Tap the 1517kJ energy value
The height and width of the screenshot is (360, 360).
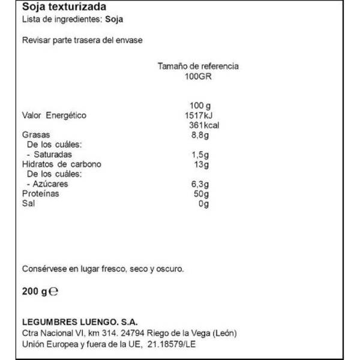click(x=195, y=115)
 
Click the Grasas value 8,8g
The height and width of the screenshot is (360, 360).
click(x=197, y=135)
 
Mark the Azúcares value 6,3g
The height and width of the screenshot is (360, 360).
click(x=198, y=184)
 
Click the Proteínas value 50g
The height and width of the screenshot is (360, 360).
click(x=200, y=194)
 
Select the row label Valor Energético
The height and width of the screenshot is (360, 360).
click(x=54, y=115)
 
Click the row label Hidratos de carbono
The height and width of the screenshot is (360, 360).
click(x=61, y=164)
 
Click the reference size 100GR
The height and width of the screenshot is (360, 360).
click(x=197, y=76)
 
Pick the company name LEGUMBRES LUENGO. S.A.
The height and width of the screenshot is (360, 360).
click(x=79, y=322)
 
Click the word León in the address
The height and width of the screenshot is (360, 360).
click(x=223, y=333)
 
